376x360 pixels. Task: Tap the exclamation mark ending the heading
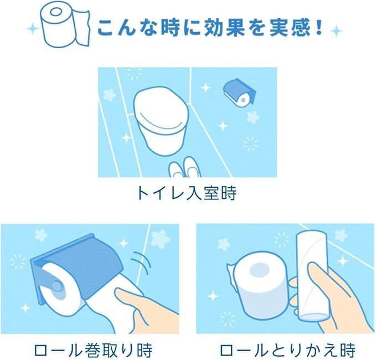pos(318,28)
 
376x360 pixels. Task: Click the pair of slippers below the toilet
pos(184,167)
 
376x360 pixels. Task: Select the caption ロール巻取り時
pos(93,351)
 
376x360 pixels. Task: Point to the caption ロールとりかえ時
pos(287,351)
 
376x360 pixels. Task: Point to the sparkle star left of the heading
pos(33,29)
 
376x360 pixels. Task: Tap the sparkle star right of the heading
pos(337,30)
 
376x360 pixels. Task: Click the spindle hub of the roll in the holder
pos(58,286)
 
